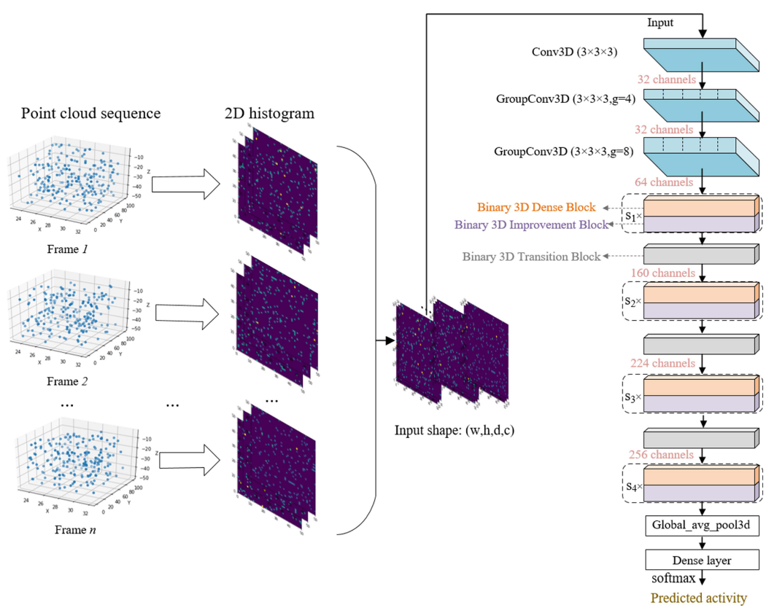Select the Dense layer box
coord(702,561)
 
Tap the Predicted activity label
coord(699,598)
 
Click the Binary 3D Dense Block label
coord(536,207)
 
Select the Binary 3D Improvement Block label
coord(531,224)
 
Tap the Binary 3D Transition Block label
coord(531,257)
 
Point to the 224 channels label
coord(662,362)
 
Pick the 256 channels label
coord(662,454)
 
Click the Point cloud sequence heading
coord(90,114)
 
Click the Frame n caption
coord(75,530)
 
